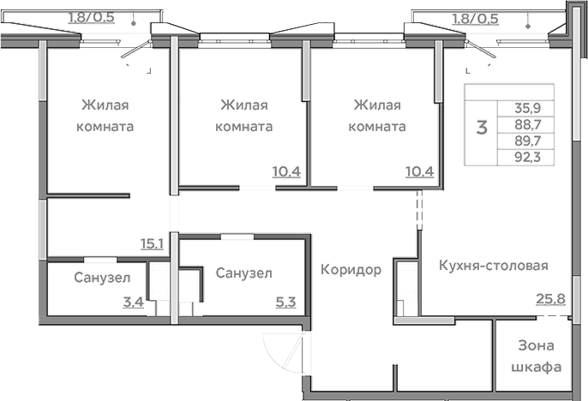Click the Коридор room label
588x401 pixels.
point(351,270)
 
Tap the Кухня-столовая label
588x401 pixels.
point(492,265)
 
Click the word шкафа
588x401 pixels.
point(537,367)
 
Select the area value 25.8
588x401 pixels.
point(539,300)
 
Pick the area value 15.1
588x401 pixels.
point(153,243)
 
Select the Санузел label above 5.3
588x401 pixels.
point(244,273)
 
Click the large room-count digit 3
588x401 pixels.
point(482,129)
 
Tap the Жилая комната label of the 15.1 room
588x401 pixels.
point(106,116)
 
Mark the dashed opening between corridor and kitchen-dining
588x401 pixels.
point(419,209)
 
